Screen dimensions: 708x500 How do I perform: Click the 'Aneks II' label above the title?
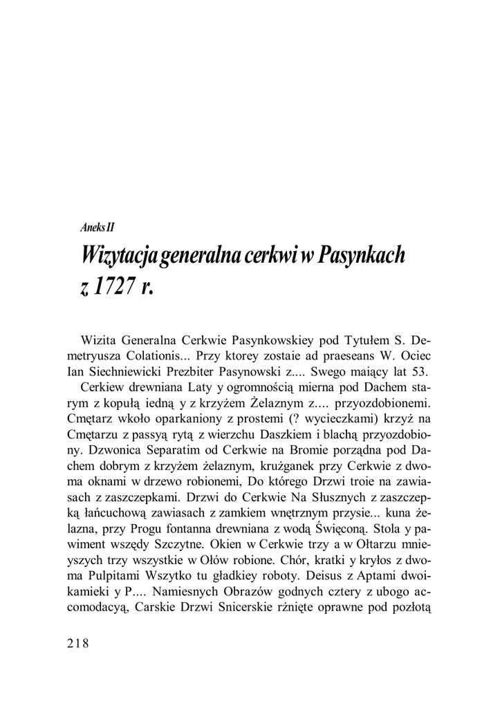98,227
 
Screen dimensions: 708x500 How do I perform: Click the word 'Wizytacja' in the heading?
120,256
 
